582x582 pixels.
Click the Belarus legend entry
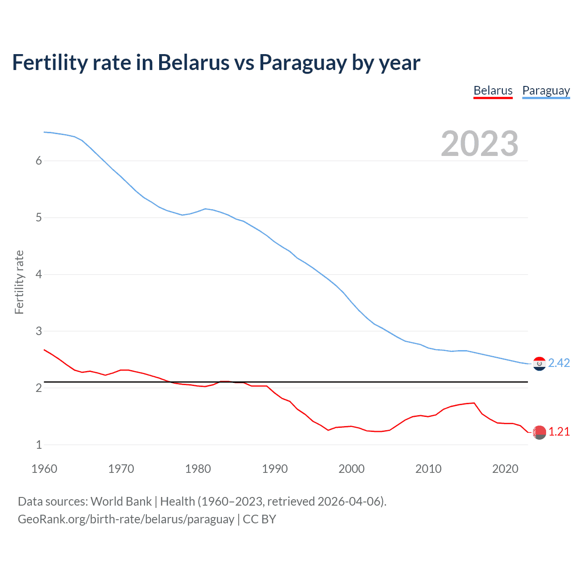[x=493, y=90]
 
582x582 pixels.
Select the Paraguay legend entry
[x=546, y=90]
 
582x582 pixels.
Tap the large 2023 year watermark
[x=479, y=144]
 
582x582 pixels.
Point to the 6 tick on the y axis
[x=39, y=161]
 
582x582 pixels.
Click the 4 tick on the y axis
[x=39, y=274]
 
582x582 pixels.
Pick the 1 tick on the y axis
[x=39, y=445]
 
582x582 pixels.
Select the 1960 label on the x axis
[x=44, y=469]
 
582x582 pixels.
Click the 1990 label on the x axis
[x=275, y=469]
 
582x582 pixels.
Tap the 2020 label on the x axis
[x=505, y=469]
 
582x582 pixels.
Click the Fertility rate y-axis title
[x=19, y=282]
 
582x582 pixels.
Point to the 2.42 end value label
[x=559, y=363]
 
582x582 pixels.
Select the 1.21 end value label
[x=559, y=431]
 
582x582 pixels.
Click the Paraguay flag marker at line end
[x=539, y=364]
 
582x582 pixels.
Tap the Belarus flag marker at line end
[x=539, y=432]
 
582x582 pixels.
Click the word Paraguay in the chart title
[x=303, y=63]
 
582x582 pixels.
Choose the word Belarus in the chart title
[x=194, y=63]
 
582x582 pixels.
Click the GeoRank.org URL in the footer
[x=125, y=519]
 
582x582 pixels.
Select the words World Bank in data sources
[x=121, y=502]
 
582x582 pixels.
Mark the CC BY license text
[x=259, y=519]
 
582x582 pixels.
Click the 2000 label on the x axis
[x=351, y=469]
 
